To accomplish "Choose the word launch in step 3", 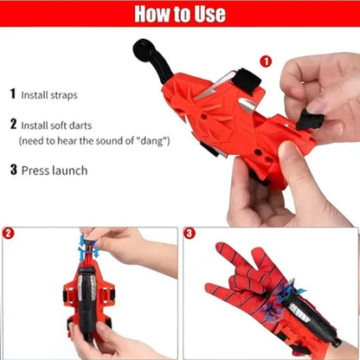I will coord(70,170).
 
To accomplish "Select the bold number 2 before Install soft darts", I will coord(13,124).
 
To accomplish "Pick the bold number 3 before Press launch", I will coord(13,170).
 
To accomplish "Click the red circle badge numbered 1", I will coord(265,61).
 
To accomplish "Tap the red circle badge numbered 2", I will coord(9,234).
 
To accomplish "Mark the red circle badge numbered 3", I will coord(191,234).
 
